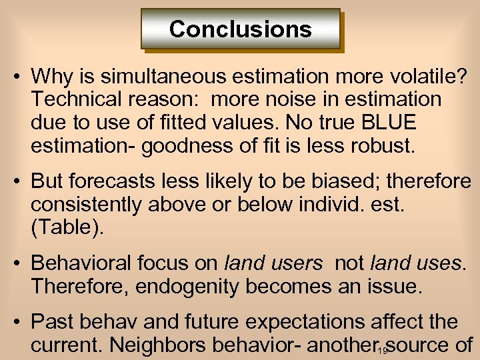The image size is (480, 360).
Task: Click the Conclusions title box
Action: [x=240, y=29]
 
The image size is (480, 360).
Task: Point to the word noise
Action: [x=281, y=99]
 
